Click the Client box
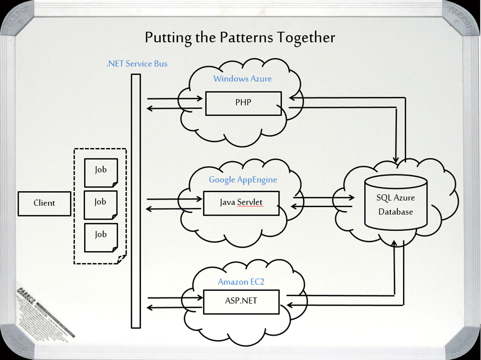(44, 203)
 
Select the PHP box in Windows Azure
(243, 103)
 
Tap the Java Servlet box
(241, 203)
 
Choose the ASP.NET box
(241, 301)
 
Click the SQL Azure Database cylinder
(396, 203)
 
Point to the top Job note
(101, 172)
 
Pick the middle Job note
(101, 204)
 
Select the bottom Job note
(101, 237)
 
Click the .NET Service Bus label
(137, 63)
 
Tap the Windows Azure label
(242, 78)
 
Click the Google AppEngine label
(243, 180)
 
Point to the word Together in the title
(305, 38)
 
